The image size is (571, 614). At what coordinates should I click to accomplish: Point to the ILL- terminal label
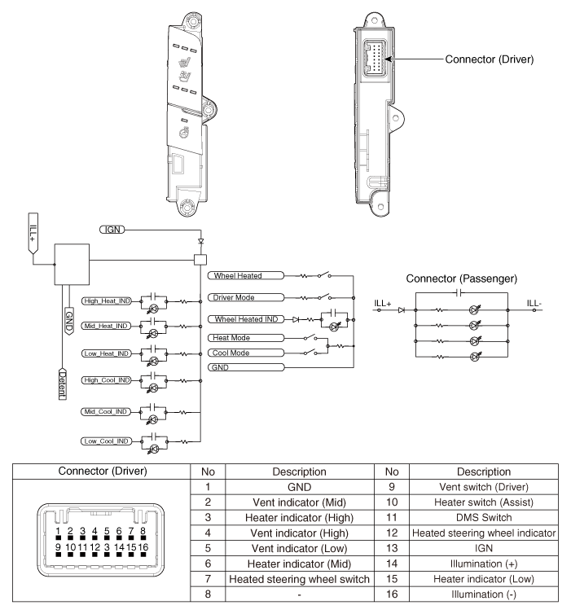click(534, 304)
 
